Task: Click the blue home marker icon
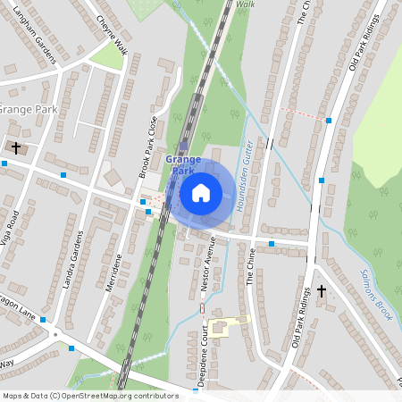(201, 192)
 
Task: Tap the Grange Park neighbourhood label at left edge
(27, 109)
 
